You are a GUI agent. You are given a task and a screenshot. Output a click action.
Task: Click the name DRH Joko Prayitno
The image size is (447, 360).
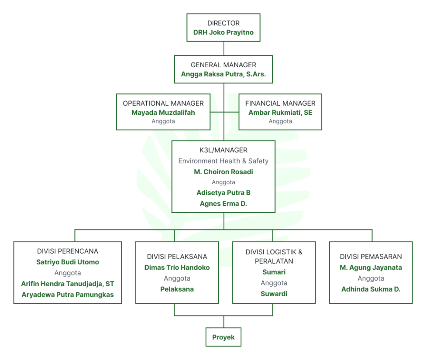[x=223, y=32]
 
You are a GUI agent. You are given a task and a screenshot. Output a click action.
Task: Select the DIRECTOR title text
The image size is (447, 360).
[x=223, y=23]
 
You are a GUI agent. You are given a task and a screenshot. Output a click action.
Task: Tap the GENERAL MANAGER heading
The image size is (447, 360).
[x=223, y=65]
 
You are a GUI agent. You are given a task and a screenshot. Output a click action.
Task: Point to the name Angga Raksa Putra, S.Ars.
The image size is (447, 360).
[x=223, y=74]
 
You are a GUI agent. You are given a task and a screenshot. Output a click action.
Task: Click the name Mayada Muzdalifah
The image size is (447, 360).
[x=163, y=113]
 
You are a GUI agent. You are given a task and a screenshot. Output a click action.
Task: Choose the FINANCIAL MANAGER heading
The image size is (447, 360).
[x=280, y=103]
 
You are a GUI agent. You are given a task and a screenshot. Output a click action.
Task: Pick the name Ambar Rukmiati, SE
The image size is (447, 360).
[x=280, y=113]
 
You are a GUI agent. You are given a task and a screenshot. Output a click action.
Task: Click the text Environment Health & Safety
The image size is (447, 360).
[x=223, y=161]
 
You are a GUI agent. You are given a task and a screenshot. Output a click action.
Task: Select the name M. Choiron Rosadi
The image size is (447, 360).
[x=223, y=171]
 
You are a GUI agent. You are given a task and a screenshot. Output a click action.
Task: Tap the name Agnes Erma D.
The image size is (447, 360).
[x=223, y=203]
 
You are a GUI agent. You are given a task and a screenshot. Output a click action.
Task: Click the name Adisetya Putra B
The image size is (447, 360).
[x=223, y=193]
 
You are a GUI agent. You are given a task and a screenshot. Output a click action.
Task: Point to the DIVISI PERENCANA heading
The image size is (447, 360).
[x=68, y=251]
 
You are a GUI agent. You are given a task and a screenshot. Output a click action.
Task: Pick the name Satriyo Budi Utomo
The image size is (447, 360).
[x=68, y=262]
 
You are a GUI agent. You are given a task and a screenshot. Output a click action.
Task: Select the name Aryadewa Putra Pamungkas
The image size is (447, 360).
[x=68, y=295]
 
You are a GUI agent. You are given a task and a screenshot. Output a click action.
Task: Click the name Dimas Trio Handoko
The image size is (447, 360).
[x=177, y=267]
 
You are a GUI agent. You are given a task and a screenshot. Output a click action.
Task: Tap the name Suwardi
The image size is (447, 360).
[x=274, y=294]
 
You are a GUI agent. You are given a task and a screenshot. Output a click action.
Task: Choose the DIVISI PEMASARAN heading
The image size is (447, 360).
[x=371, y=257]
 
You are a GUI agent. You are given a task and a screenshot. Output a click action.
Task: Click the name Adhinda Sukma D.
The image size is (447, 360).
[x=371, y=289]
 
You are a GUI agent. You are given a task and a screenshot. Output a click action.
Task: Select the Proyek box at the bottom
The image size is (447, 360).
[x=223, y=337]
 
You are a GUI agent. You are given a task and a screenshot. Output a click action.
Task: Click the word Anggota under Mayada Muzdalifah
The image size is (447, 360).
[x=163, y=121]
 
